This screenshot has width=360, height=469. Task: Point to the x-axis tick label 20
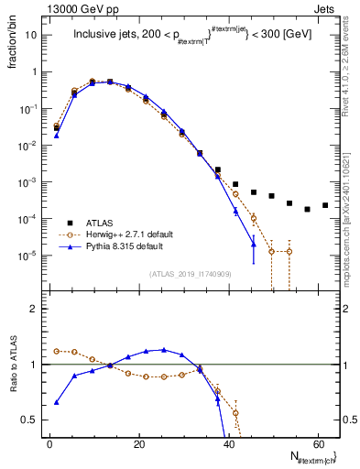pyautogui.click(x=138, y=443)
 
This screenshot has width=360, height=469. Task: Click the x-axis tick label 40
pyautogui.click(x=228, y=443)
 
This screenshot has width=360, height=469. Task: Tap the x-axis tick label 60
pyautogui.click(x=317, y=443)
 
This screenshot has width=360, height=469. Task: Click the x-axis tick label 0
pyautogui.click(x=49, y=443)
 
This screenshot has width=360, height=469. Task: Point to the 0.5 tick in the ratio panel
pyautogui.click(x=30, y=420)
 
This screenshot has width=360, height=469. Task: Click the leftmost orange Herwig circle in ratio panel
pyautogui.click(x=57, y=351)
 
